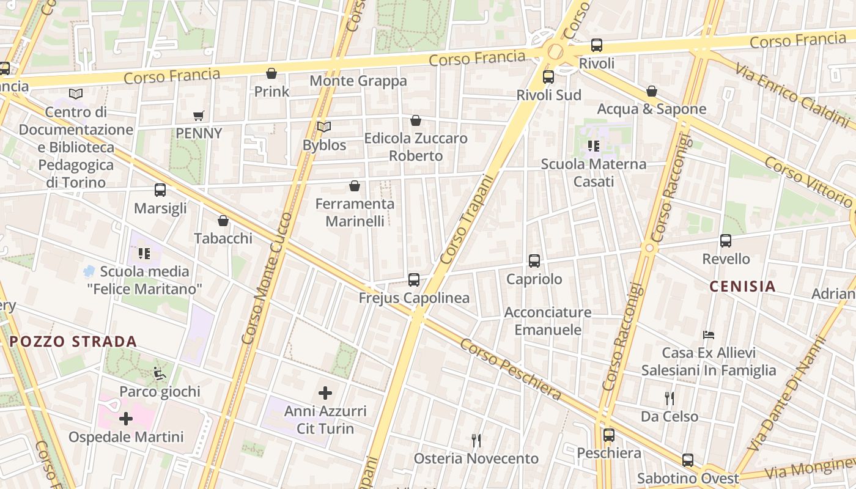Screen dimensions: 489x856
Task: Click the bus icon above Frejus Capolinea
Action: (414, 280)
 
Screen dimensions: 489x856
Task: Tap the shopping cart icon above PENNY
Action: (198, 116)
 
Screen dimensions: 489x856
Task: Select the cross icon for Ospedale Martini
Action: (126, 419)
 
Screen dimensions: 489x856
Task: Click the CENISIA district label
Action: (742, 286)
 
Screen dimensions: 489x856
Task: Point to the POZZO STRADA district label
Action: (73, 342)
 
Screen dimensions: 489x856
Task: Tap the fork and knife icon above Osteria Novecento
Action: (476, 440)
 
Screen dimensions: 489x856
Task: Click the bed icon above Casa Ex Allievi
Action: (709, 335)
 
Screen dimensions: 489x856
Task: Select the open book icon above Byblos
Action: (324, 127)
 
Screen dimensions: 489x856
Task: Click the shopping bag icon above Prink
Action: (271, 74)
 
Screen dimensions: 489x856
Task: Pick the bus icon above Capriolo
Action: (534, 261)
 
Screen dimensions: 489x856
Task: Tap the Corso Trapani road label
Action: (466, 220)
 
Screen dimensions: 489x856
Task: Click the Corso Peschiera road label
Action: (511, 370)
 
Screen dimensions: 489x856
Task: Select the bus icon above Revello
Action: (726, 241)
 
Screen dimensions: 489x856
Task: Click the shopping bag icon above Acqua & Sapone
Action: (652, 91)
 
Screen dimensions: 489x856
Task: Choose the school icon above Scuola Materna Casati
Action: (593, 146)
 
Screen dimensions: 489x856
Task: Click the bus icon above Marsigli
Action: (160, 190)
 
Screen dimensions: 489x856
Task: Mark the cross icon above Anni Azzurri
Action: (325, 393)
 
